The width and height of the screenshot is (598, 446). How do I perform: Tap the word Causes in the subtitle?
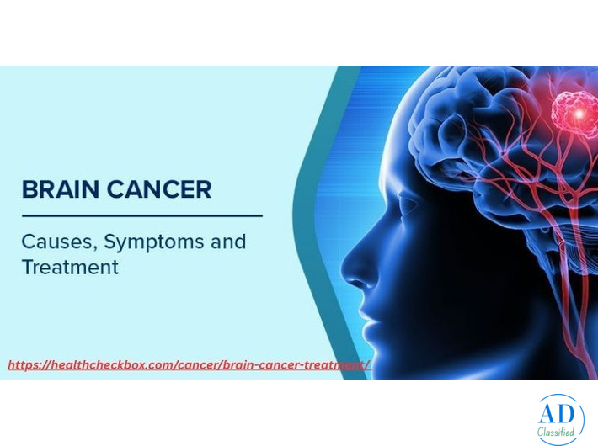tap(55, 242)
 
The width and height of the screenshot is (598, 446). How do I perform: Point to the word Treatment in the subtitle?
tap(70, 268)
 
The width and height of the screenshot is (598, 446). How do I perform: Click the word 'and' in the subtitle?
tap(227, 242)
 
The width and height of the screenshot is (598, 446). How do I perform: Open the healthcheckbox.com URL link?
tap(189, 365)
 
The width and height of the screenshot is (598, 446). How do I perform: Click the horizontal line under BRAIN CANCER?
tap(141, 216)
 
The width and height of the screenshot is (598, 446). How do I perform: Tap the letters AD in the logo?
tap(557, 413)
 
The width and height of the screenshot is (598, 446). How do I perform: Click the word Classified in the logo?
tap(556, 433)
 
